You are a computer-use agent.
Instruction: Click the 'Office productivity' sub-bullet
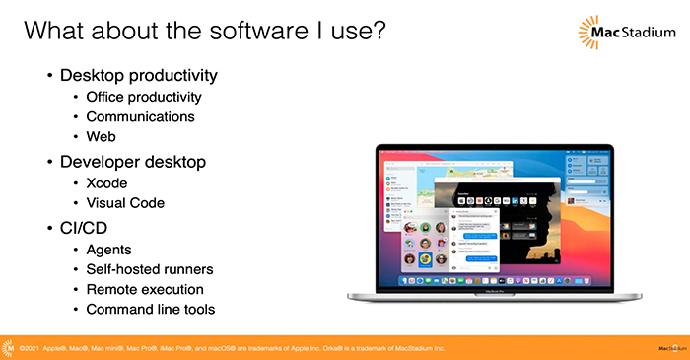click(144, 97)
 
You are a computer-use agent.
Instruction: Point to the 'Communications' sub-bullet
click(140, 116)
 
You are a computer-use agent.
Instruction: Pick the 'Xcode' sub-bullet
click(107, 182)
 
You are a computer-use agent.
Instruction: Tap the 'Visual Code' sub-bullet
click(125, 203)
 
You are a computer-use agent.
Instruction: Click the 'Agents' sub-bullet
click(110, 250)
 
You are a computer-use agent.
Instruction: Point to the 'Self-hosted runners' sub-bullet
click(150, 269)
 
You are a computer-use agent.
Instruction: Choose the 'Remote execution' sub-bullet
click(145, 290)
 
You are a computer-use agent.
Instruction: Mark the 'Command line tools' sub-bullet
click(151, 310)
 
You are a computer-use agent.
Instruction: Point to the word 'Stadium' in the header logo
click(647, 37)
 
